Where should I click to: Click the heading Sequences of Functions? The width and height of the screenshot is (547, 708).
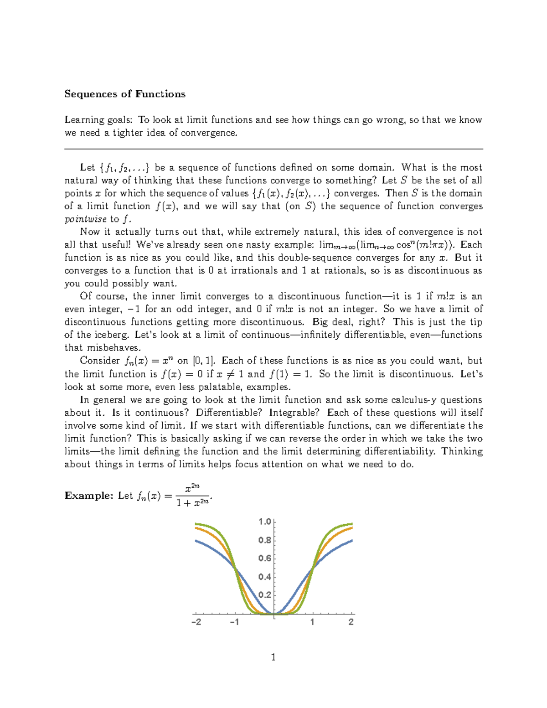point(124,94)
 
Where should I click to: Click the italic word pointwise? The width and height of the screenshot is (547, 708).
point(86,219)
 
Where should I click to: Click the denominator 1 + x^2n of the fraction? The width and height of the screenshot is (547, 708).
point(192,503)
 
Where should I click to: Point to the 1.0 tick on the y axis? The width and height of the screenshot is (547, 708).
point(265,522)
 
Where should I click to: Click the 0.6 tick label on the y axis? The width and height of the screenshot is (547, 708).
point(265,558)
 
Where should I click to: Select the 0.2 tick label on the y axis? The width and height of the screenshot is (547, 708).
point(265,595)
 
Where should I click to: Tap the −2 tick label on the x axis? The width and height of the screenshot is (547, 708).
point(196,622)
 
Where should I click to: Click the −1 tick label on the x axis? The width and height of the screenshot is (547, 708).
point(234,622)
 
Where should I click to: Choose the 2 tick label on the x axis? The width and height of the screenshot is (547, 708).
point(351,622)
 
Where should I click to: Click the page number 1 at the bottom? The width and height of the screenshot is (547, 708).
point(273,657)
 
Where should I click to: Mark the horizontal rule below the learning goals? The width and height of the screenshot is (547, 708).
point(273,149)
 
